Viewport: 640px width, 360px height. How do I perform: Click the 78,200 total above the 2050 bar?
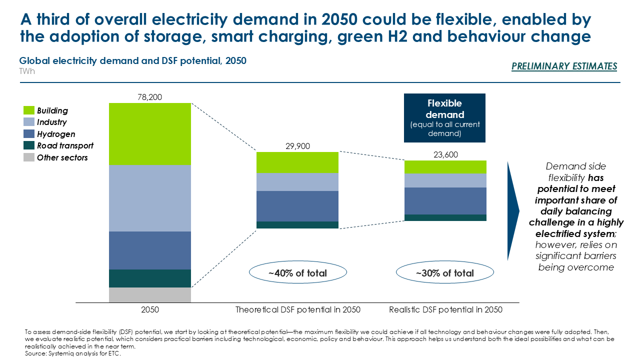tap(150, 97)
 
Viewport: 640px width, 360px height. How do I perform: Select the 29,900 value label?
tap(297, 146)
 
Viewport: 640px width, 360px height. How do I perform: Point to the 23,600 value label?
tap(445, 155)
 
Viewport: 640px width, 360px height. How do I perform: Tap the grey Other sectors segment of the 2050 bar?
tap(150, 295)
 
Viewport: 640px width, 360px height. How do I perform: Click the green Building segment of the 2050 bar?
tap(150, 133)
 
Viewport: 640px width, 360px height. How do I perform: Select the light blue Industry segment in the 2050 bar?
tap(150, 198)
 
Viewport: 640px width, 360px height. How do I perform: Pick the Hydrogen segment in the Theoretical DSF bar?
tap(297, 206)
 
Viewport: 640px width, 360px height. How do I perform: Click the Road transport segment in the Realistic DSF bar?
tap(445, 217)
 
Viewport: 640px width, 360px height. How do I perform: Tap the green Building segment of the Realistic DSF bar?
tap(445, 167)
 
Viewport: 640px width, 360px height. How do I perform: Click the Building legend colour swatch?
tap(29, 110)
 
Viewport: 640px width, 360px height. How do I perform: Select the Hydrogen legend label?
tap(56, 134)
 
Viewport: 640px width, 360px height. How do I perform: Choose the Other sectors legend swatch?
tap(29, 157)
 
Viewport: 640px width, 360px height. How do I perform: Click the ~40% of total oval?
tap(297, 273)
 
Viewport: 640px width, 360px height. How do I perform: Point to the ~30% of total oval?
tap(445, 273)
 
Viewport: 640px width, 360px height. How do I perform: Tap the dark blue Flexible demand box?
tap(445, 118)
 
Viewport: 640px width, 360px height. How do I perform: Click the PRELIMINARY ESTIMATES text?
tap(564, 66)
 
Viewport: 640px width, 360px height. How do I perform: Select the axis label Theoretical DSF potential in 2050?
tap(297, 310)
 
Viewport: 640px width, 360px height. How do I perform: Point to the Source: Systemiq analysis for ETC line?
tap(72, 353)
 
